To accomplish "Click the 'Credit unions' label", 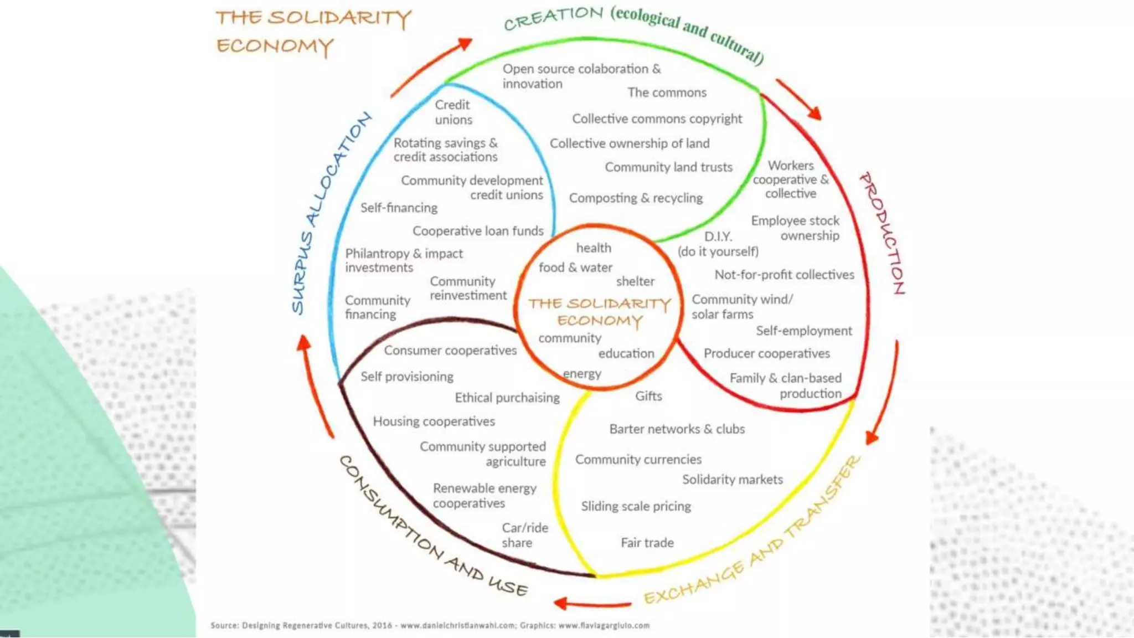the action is (453, 112).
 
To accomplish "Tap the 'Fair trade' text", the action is (647, 543).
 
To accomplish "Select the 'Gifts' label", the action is (648, 396).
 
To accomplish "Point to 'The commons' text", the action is (667, 92).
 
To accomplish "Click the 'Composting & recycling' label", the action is (636, 198).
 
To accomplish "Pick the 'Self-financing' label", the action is (399, 208).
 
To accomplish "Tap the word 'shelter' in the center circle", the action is (635, 281).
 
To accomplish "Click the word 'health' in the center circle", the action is (594, 248).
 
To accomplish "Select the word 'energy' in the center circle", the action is (582, 374).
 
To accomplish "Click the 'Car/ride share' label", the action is (524, 535).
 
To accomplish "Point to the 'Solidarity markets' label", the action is (732, 479).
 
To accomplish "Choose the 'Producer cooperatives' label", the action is (766, 353).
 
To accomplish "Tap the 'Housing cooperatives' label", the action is (434, 421).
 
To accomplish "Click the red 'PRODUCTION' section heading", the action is (883, 233).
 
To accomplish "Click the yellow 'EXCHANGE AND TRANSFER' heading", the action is (753, 532).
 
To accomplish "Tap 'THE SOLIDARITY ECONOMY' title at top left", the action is (313, 32).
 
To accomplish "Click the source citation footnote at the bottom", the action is (430, 625).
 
